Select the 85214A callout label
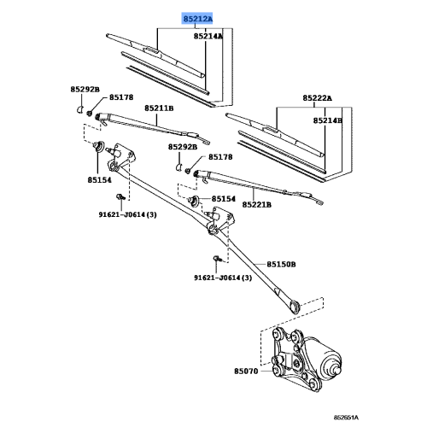click(x=208, y=37)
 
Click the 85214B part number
click(x=327, y=121)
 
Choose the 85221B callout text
click(x=256, y=205)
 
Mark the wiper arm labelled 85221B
click(x=248, y=184)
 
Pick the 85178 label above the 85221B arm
click(x=221, y=158)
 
